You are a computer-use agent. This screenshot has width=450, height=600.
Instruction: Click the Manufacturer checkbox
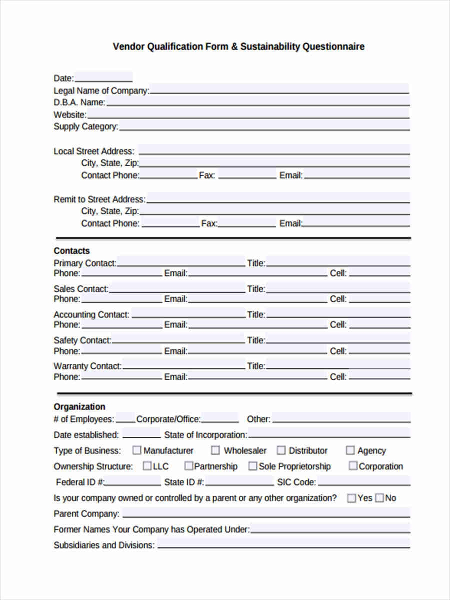(136, 450)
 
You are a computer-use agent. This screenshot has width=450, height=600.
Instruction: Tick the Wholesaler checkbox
(215, 450)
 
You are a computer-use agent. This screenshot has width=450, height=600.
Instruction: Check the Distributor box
(281, 450)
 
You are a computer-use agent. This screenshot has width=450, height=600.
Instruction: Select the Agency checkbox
(350, 450)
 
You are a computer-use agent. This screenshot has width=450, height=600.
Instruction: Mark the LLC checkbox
(147, 466)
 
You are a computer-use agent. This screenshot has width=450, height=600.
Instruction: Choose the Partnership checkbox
(188, 466)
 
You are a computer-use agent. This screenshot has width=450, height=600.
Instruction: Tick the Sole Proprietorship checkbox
(252, 466)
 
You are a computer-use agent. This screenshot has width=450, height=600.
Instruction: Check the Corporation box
(353, 466)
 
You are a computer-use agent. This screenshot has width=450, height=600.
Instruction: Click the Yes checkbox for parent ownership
(351, 498)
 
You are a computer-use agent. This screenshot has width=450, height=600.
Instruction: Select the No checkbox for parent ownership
(379, 498)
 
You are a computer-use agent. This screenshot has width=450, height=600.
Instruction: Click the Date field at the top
(103, 77)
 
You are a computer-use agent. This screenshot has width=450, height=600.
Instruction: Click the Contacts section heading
(71, 251)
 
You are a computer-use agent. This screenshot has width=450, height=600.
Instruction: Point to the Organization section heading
(79, 407)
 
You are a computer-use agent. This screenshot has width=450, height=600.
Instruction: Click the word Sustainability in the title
(270, 46)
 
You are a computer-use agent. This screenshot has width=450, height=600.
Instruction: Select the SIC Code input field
(363, 481)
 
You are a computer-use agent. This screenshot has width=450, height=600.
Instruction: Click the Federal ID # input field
(133, 481)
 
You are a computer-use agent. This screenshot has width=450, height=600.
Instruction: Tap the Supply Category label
(85, 126)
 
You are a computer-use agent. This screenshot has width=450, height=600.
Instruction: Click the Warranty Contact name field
(183, 365)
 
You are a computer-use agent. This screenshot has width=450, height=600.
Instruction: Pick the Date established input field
(141, 434)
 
